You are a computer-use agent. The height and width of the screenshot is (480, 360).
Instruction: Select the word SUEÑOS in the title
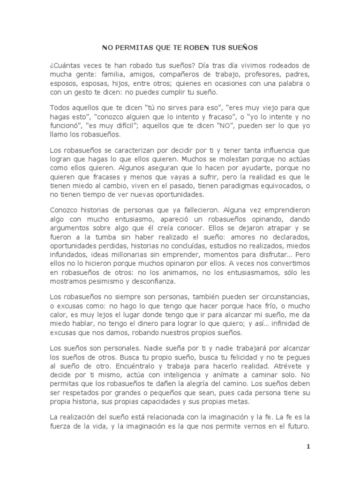pyautogui.click(x=241, y=48)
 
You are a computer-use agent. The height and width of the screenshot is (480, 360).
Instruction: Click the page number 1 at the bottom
pyautogui.click(x=308, y=446)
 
